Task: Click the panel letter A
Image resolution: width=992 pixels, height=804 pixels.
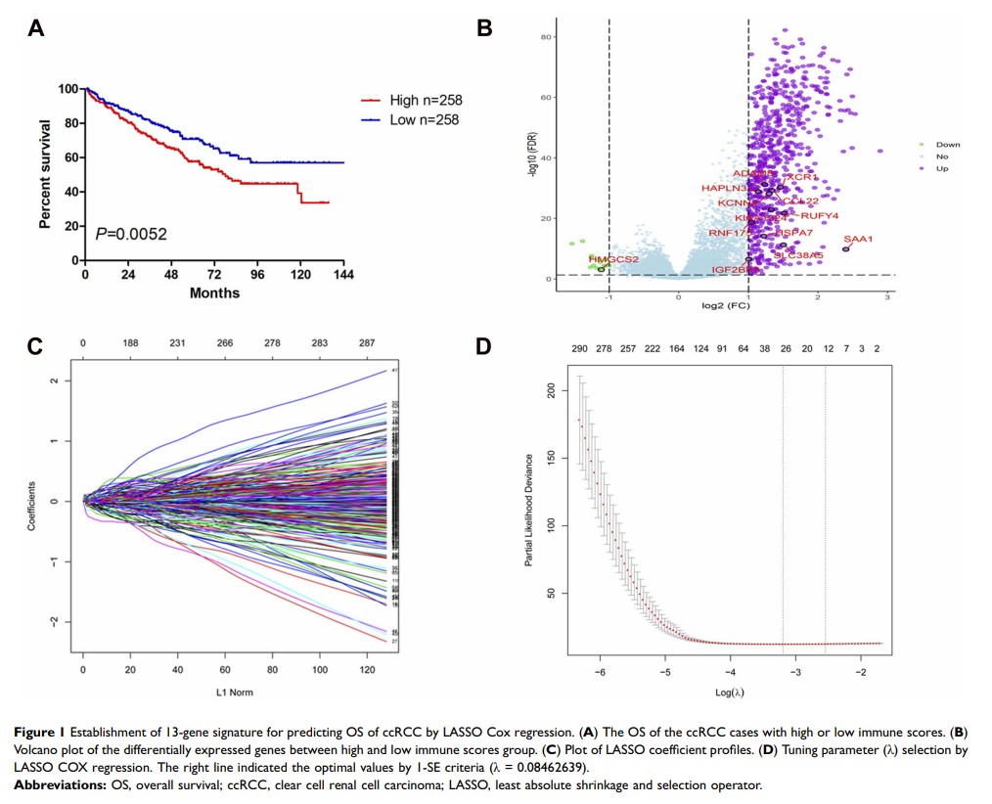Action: [x=36, y=27]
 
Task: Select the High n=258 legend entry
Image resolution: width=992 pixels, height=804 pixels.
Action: [x=425, y=100]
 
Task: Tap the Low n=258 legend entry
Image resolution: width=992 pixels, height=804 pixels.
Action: [x=423, y=119]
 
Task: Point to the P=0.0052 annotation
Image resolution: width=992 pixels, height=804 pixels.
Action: [x=130, y=234]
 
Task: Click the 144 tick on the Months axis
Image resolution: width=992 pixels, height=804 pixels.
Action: [x=344, y=275]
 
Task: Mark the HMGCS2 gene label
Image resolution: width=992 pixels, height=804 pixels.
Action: [x=613, y=259]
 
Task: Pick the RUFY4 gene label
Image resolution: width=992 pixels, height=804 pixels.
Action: [x=820, y=216]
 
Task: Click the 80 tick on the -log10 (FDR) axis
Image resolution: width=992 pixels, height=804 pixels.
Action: [x=549, y=36]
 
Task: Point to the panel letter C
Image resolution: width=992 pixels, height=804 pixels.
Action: [x=35, y=346]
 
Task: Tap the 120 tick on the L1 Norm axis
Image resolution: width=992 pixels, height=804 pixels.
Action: [x=369, y=671]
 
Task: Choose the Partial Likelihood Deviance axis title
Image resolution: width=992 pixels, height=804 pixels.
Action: [x=529, y=524]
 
